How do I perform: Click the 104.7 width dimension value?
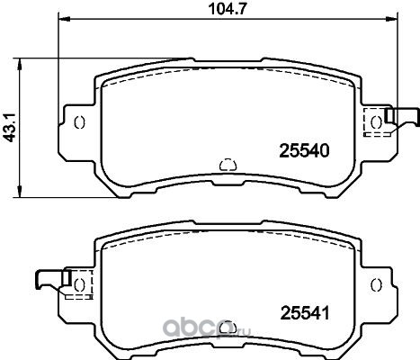pos(228,9)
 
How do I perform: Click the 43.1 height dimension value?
pos(9,128)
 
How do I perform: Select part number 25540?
pos(304,151)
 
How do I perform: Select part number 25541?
pos(305,313)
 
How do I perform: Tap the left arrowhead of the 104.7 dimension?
pos(64,19)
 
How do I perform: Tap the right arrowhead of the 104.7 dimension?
pos(392,19)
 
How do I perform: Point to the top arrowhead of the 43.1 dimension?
pos(20,64)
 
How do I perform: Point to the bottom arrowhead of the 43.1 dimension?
pos(20,192)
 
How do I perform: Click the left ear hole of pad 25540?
pos(79,122)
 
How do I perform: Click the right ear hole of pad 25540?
pos(376,122)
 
